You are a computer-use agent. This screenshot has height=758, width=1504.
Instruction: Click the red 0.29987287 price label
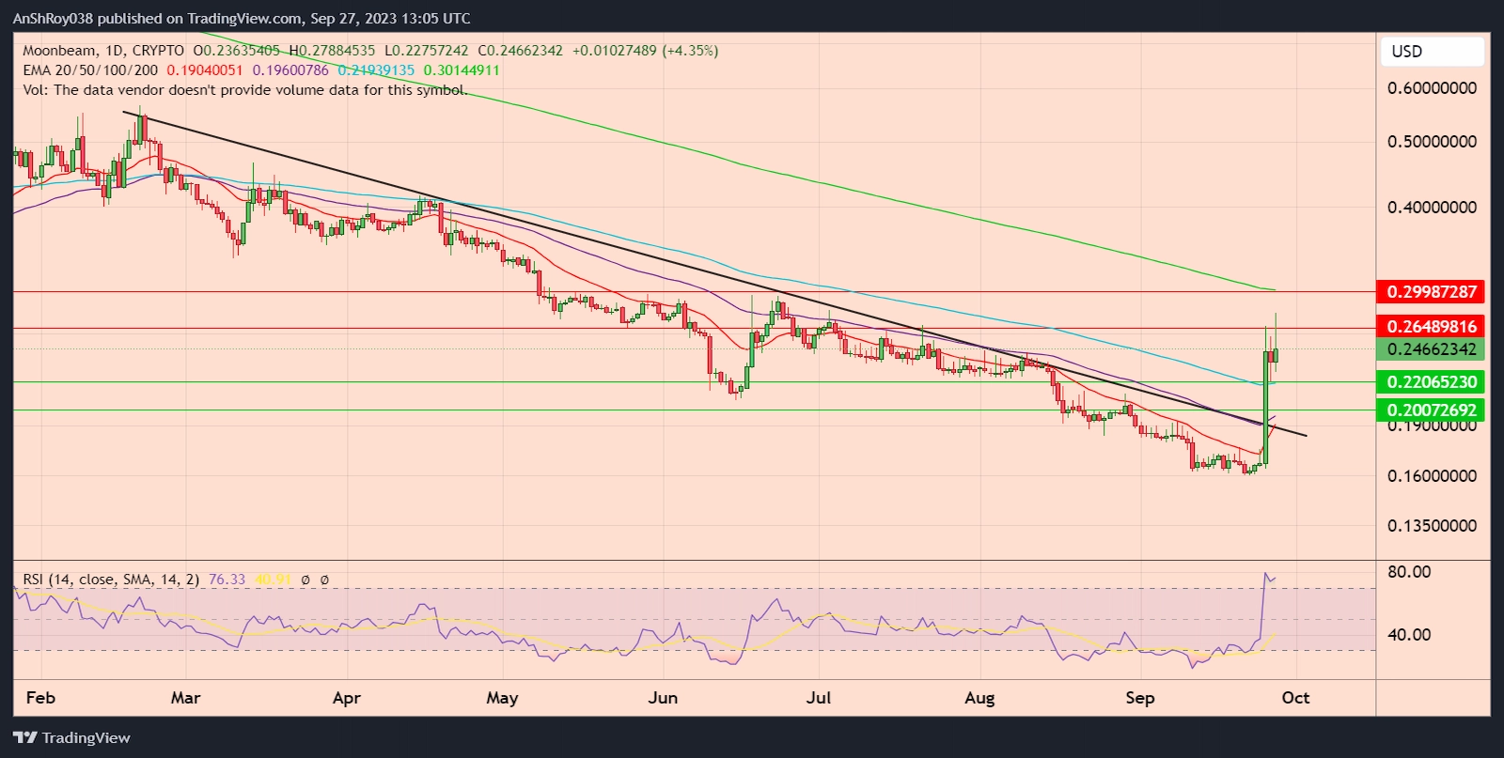pyautogui.click(x=1430, y=292)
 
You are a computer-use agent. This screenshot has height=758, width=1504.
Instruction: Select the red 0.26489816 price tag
pyautogui.click(x=1430, y=327)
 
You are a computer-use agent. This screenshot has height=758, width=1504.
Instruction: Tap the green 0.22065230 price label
pyautogui.click(x=1430, y=382)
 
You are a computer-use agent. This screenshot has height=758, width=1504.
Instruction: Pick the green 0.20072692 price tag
pyautogui.click(x=1430, y=410)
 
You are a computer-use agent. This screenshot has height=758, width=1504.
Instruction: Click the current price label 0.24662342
pyautogui.click(x=1430, y=349)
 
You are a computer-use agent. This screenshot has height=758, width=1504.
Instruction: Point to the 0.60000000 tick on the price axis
pyautogui.click(x=1432, y=88)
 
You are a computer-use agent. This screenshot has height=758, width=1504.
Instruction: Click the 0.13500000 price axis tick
pyautogui.click(x=1432, y=526)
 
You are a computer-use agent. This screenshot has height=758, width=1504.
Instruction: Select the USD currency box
pyautogui.click(x=1432, y=52)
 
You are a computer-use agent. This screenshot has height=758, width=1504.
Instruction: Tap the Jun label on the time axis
pyautogui.click(x=663, y=698)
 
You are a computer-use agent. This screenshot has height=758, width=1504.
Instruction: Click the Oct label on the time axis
pyautogui.click(x=1295, y=698)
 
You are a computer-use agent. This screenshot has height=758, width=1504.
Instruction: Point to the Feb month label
pyautogui.click(x=40, y=698)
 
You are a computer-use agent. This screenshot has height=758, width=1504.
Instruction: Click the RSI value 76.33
pyautogui.click(x=227, y=580)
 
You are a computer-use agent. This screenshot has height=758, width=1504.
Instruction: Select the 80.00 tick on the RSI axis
pyautogui.click(x=1409, y=572)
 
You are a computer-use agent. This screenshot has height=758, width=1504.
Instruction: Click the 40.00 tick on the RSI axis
pyautogui.click(x=1409, y=635)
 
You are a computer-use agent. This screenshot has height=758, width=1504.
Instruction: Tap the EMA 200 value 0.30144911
pyautogui.click(x=462, y=70)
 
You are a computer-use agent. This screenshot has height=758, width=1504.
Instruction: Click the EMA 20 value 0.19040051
pyautogui.click(x=205, y=70)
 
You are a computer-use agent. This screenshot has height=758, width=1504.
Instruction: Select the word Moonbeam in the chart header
pyautogui.click(x=59, y=51)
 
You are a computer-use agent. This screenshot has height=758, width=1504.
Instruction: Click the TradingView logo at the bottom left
pyautogui.click(x=71, y=738)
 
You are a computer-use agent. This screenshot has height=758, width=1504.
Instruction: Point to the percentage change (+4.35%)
pyautogui.click(x=690, y=51)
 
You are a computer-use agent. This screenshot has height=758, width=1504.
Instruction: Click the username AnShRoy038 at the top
pyautogui.click(x=53, y=18)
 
